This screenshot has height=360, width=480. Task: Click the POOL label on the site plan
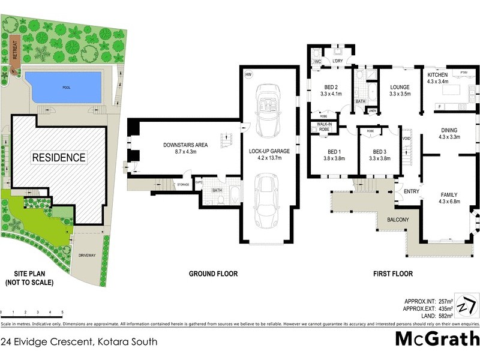[x=66, y=86]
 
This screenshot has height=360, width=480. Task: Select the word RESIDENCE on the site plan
[x=59, y=158]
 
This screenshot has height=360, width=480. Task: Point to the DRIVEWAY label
[x=87, y=256]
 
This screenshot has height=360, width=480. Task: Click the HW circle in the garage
[x=248, y=74]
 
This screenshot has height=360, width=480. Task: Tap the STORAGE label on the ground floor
[x=183, y=185]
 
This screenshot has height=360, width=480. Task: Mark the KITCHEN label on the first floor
[x=437, y=74]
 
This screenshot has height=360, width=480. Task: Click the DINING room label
[x=449, y=130]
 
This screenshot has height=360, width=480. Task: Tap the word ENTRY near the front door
[x=412, y=191]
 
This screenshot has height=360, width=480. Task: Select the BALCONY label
[x=397, y=220]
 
